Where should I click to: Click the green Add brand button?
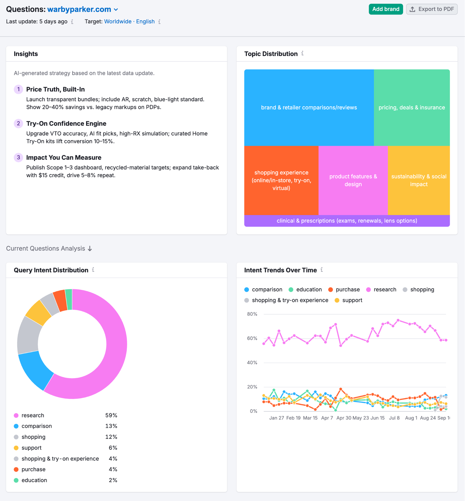pos(386,9)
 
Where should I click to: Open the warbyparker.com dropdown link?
pos(83,9)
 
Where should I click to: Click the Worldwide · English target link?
pos(129,21)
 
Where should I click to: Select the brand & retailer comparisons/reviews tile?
pos(309,107)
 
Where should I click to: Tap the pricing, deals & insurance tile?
pos(412,107)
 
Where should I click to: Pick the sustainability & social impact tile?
pos(419,180)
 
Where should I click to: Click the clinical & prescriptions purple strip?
pos(347,221)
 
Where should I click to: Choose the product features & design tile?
pos(353,180)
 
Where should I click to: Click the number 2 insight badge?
pos(18,123)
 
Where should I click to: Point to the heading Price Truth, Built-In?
pos(56,89)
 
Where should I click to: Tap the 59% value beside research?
pos(111,415)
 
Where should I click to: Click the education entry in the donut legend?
pos(34,480)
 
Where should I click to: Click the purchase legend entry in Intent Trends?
pos(347,290)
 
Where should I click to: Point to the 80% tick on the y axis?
pos(252,314)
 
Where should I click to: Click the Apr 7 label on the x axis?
pos(327,418)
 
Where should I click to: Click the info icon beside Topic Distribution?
pos(303,53)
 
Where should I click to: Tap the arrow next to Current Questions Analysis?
pos(90,249)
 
